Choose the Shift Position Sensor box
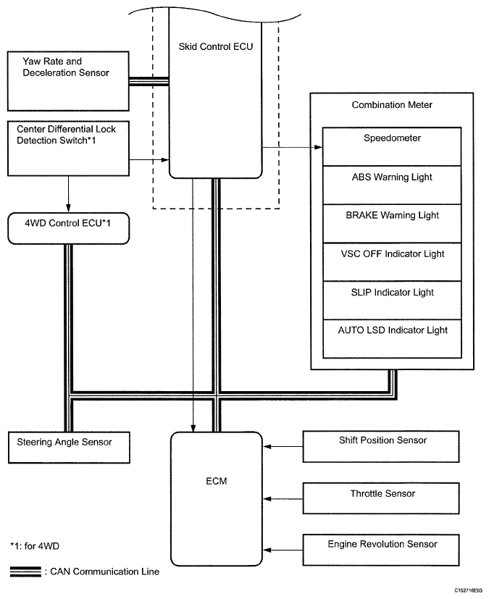(x=382, y=446)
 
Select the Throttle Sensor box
(x=382, y=498)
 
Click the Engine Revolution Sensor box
(x=382, y=549)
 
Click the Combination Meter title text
(x=392, y=105)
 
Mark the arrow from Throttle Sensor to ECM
(x=284, y=498)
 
